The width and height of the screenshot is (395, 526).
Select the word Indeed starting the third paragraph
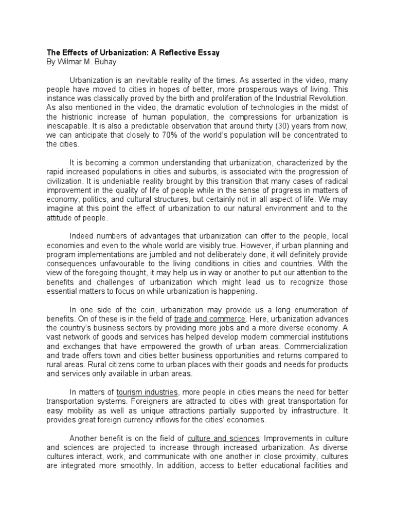pos(81,236)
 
